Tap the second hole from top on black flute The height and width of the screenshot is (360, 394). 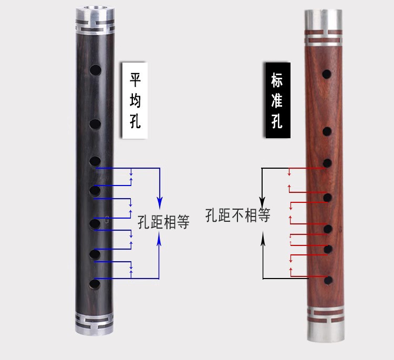[x=95, y=125]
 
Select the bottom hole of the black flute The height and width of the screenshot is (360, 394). [x=95, y=285]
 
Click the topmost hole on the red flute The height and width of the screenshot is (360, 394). [x=327, y=75]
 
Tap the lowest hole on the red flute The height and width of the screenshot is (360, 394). [x=328, y=280]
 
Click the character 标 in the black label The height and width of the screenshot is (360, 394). [x=277, y=80]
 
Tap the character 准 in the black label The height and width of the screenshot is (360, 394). [x=277, y=100]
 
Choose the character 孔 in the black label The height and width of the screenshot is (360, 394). [x=277, y=121]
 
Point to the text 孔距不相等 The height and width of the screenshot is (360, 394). [x=237, y=215]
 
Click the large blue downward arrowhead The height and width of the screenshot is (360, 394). [x=160, y=202]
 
